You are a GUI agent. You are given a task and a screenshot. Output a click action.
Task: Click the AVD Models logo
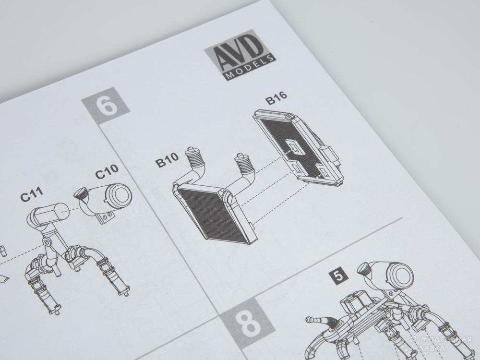click(x=240, y=55)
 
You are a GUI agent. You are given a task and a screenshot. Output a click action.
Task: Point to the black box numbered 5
click(x=338, y=276)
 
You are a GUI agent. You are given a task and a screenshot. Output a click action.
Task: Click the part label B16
click(x=276, y=97)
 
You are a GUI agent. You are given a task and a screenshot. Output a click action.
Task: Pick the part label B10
click(x=167, y=160)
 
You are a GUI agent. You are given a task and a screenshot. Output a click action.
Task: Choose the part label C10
click(x=107, y=172)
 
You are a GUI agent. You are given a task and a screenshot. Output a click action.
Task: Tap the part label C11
click(x=32, y=194)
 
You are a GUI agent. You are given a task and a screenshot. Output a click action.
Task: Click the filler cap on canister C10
click(x=80, y=193)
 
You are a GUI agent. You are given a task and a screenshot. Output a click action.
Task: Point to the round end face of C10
click(x=120, y=196)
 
